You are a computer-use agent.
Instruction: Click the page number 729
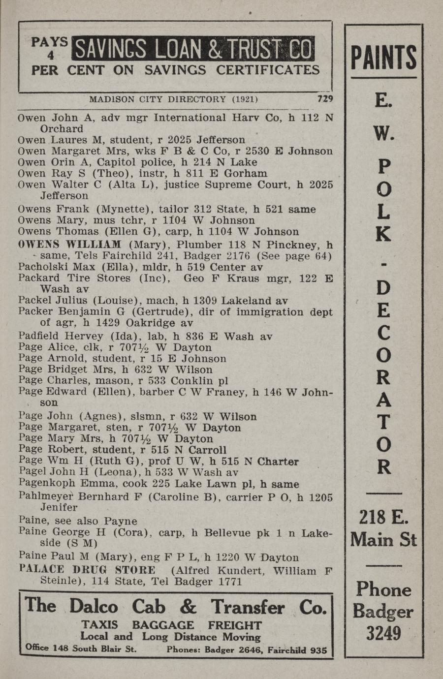pyautogui.click(x=325, y=98)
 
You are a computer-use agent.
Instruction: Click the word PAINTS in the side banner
pyautogui.click(x=383, y=58)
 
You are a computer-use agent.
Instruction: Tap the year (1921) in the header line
pyautogui.click(x=245, y=99)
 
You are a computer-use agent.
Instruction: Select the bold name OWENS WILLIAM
pyautogui.click(x=69, y=245)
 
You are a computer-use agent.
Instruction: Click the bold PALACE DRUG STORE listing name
pyautogui.click(x=87, y=570)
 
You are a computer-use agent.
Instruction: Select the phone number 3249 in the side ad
pyautogui.click(x=383, y=633)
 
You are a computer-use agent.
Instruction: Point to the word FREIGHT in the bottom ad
pyautogui.click(x=235, y=625)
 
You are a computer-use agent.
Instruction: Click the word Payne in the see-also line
pyautogui.click(x=121, y=521)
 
